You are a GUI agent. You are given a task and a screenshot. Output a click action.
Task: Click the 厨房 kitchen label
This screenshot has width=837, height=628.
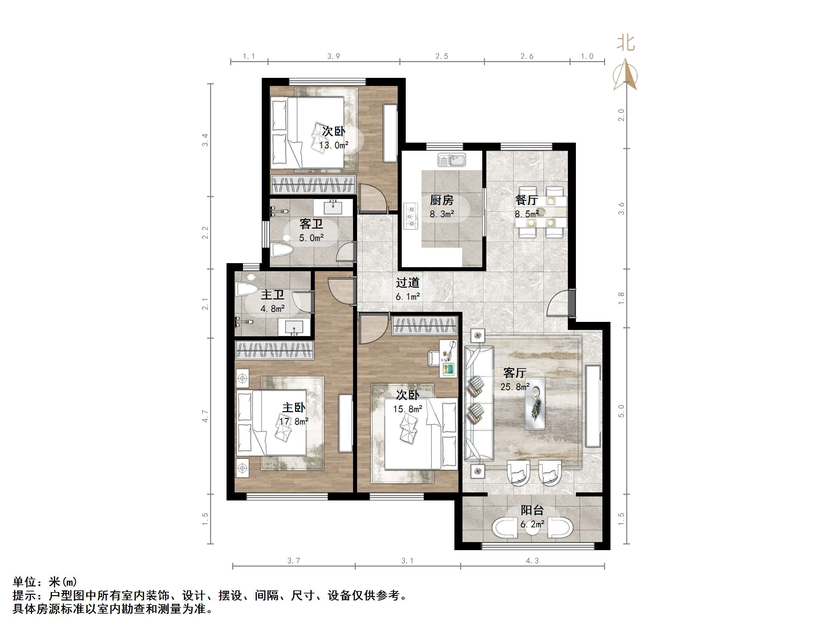441,200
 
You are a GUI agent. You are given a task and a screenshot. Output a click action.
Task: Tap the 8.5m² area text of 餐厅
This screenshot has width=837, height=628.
526,214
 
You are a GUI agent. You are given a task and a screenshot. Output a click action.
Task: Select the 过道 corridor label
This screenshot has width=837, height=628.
407,282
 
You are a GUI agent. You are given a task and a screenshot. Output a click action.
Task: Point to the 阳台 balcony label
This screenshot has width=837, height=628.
532,510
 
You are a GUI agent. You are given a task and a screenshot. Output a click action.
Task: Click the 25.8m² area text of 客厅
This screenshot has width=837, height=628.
514,387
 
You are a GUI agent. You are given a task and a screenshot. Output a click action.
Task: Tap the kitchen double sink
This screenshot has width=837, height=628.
452,160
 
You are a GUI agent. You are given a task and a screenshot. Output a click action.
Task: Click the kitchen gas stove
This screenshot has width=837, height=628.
410,217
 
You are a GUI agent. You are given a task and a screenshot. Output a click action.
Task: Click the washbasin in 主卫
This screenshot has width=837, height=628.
294,328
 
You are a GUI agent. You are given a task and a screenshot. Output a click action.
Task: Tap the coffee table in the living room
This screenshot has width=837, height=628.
535,404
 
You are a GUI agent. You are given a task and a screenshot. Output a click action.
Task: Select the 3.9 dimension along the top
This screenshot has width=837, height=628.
333,56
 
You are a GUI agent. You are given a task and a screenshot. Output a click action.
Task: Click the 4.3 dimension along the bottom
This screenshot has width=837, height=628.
532,561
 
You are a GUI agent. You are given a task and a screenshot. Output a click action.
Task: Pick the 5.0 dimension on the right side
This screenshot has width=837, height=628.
621,411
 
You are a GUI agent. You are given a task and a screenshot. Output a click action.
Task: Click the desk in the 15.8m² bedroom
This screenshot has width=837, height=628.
448,358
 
